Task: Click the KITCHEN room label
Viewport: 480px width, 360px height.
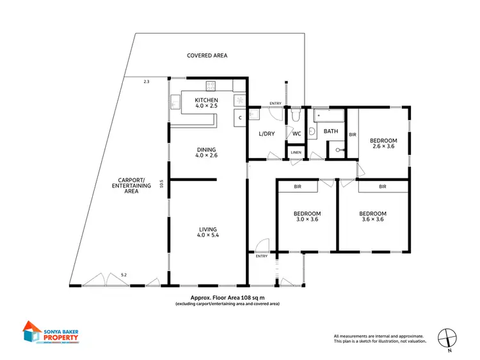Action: (207, 100)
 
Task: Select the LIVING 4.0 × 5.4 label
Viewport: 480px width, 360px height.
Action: (207, 229)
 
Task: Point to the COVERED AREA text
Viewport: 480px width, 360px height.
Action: (207, 56)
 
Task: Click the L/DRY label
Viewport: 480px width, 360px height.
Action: (266, 134)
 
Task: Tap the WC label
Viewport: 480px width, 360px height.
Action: (296, 134)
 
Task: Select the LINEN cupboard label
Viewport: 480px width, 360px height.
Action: (296, 152)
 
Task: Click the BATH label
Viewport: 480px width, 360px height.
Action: (330, 131)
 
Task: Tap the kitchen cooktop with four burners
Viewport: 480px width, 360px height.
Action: (211, 86)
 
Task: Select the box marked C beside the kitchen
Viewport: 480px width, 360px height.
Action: (239, 118)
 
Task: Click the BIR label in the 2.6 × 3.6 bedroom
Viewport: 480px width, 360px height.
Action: (351, 134)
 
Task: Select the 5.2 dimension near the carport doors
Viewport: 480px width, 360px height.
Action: (124, 275)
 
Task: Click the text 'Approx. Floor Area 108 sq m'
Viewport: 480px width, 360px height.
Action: (227, 298)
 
